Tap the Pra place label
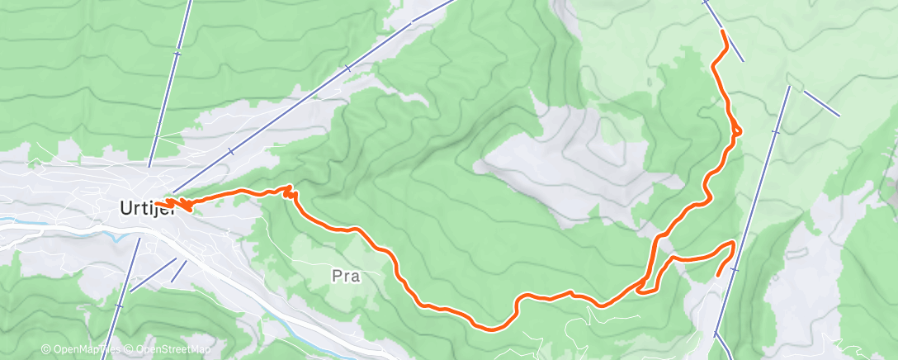point(345,277)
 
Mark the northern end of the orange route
point(723,31)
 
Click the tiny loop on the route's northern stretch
point(736,130)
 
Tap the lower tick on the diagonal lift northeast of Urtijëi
point(231,151)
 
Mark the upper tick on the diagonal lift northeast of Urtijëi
point(348,69)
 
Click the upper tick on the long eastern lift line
point(775,131)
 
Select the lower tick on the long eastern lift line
point(734,269)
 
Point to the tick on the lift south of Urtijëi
point(119,305)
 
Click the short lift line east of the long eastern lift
point(821,102)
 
